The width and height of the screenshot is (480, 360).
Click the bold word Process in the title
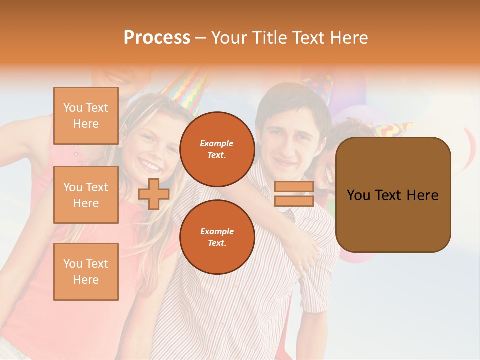(157, 37)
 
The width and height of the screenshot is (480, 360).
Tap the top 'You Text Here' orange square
(86, 116)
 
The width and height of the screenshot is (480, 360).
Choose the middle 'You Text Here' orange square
(86, 195)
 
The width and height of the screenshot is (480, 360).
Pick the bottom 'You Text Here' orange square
(86, 272)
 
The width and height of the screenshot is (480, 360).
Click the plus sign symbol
(154, 194)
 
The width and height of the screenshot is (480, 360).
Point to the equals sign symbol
(294, 194)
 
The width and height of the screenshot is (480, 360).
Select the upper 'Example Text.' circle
(217, 149)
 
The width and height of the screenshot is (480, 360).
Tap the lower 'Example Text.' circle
(217, 237)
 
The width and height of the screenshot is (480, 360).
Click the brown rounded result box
(393, 195)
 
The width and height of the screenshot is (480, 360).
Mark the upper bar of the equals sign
(294, 187)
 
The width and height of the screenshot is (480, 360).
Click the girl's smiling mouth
(150, 164)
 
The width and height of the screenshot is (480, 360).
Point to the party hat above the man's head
(318, 82)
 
